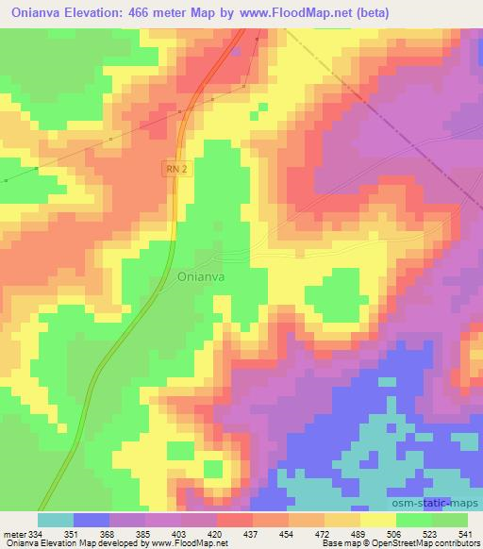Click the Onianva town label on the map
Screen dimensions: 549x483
coord(200,277)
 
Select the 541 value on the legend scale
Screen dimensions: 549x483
coord(467,533)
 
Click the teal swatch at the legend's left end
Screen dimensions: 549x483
coord(55,520)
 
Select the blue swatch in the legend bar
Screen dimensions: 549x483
coord(91,520)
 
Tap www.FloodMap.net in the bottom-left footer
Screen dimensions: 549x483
coord(197,543)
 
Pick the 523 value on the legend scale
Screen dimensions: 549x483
coord(431,533)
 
